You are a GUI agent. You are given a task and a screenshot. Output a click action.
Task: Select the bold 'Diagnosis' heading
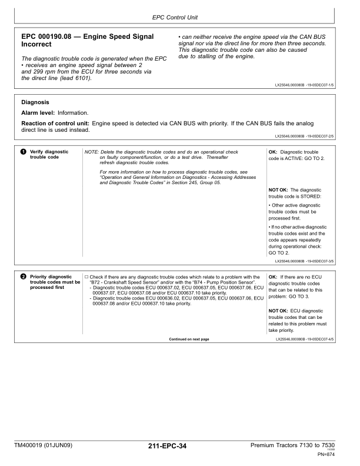point(37,102)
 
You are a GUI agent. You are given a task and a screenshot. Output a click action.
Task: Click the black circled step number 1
point(24,152)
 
